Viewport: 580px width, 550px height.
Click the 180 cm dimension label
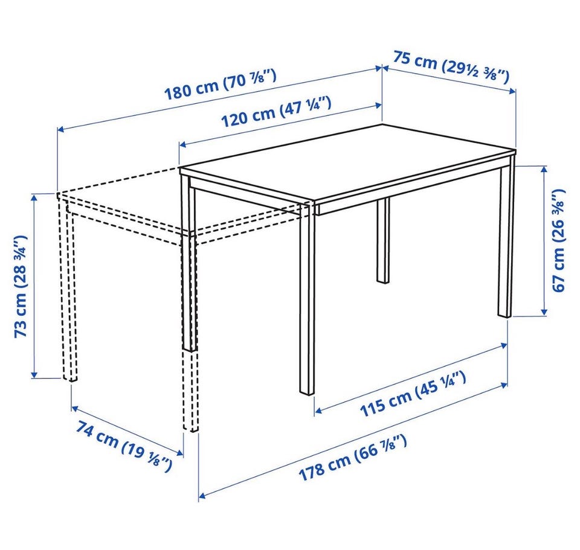pos(220,85)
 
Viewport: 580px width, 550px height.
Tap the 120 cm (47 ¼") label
pos(275,112)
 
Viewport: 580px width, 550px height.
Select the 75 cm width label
pos(451,67)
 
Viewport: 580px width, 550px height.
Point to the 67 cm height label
pos(559,240)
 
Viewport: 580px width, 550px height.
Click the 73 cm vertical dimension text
pos(21,286)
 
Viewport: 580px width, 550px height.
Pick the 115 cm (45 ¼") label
pos(413,394)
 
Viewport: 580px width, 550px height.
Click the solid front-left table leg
pos(307,299)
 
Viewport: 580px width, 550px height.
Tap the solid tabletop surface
pos(348,162)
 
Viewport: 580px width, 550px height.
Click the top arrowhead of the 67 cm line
pos(544,169)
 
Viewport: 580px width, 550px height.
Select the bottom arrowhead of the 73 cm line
pos(34,374)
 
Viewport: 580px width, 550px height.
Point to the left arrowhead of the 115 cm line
pos(318,410)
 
